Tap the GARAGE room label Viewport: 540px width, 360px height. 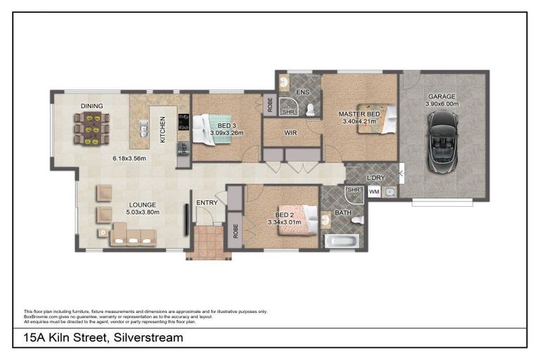point(442,96)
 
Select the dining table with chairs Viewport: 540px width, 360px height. point(91,129)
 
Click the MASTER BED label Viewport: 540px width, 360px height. point(359,114)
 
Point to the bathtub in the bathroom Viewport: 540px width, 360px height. point(342,242)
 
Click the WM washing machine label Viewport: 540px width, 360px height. point(374,191)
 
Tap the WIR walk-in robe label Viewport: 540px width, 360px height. point(292,132)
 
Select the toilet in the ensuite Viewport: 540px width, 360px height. point(310,108)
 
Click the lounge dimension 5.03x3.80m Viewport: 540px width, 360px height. point(143,212)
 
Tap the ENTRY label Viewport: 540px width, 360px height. point(207,202)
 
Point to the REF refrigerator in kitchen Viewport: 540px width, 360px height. point(183,149)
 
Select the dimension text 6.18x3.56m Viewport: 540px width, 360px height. point(129,158)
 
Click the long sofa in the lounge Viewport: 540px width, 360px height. point(133,235)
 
